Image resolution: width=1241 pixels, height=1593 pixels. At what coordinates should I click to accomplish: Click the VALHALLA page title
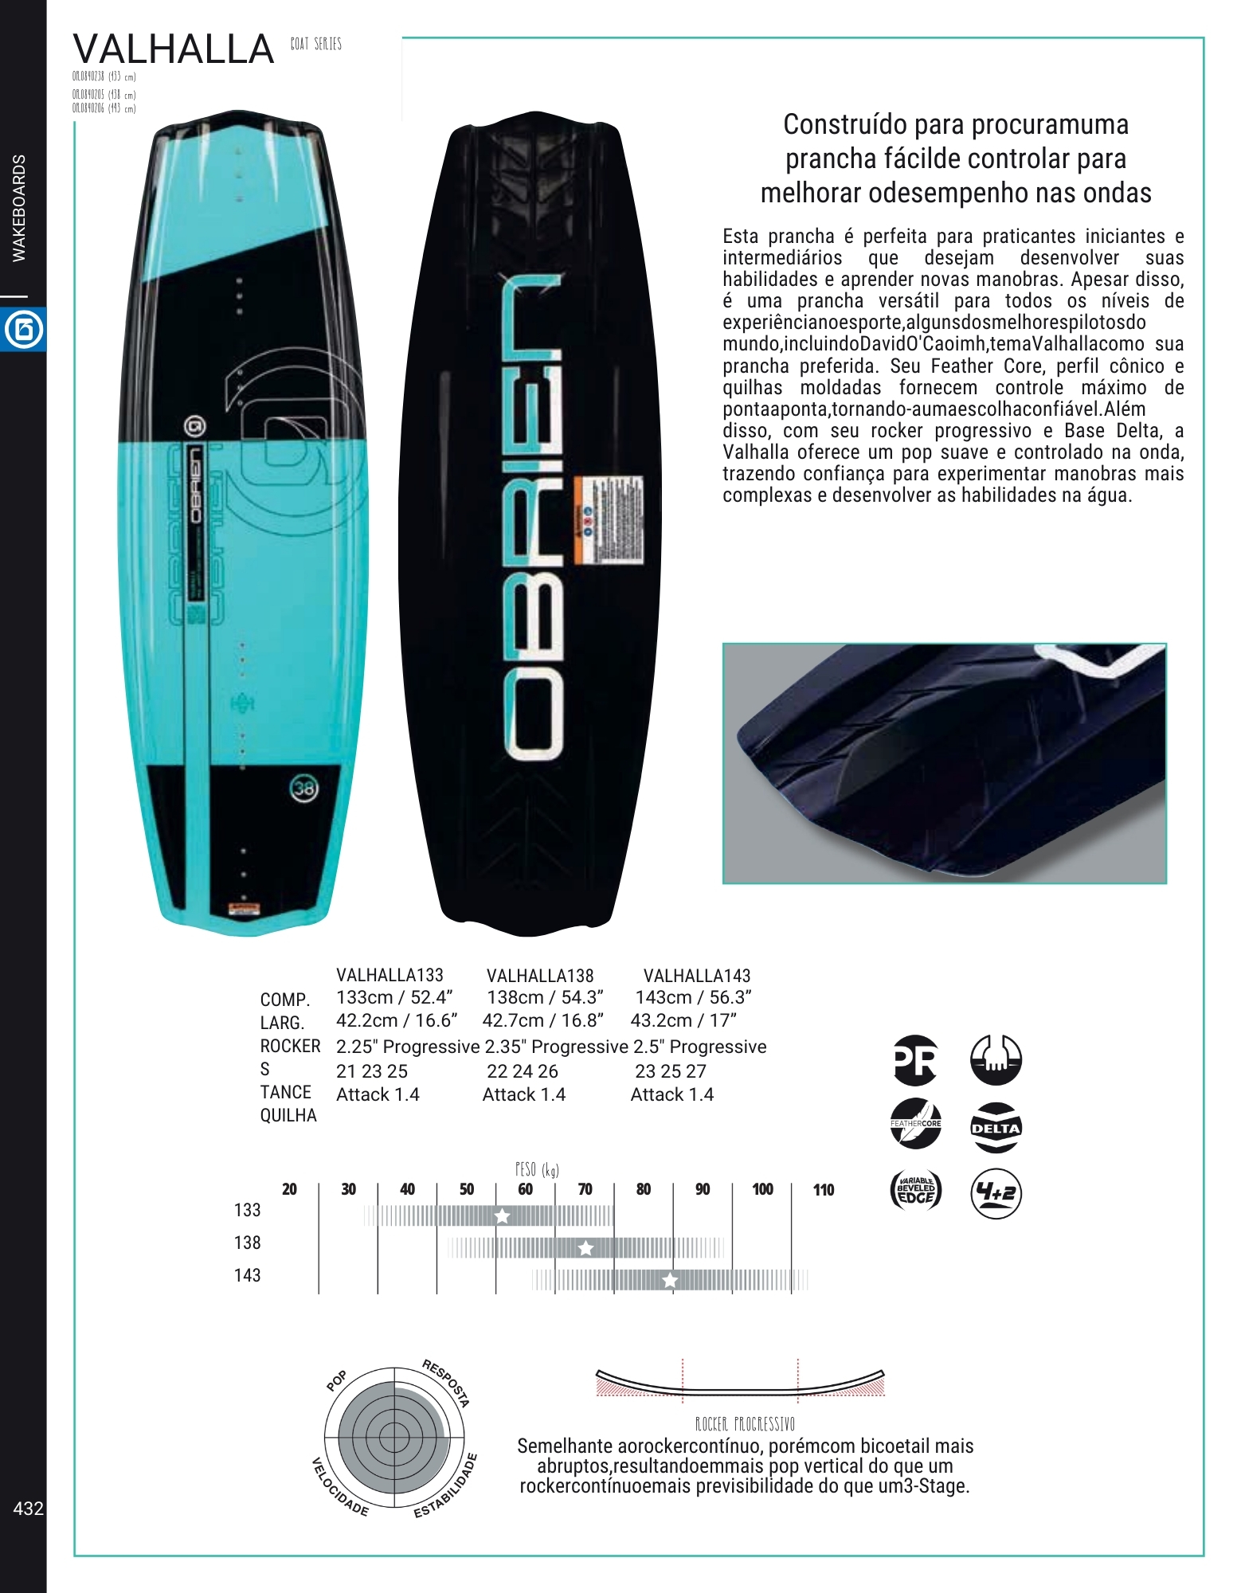[x=174, y=49]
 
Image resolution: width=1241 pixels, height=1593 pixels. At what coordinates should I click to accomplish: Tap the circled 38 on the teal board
[x=303, y=789]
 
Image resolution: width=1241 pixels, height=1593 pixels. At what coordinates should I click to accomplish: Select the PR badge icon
[x=915, y=1060]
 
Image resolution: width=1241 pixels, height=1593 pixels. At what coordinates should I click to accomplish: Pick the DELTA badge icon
[x=996, y=1127]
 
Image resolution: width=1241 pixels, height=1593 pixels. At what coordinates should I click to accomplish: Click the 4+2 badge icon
[x=996, y=1193]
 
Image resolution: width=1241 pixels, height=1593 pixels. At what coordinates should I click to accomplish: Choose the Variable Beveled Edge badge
[x=915, y=1192]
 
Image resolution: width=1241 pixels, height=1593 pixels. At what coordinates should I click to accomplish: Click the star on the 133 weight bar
[x=503, y=1215]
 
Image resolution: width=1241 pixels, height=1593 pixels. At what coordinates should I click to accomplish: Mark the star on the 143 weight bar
[x=671, y=1281]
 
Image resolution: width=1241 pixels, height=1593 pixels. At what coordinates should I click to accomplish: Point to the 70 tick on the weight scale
[x=585, y=1189]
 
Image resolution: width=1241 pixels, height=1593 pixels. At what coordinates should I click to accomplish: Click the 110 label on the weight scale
[x=824, y=1190]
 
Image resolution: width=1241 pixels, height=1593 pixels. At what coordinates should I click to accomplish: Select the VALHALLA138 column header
[x=540, y=976]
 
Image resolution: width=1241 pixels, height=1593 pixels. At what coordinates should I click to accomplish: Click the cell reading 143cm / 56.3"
[x=693, y=997]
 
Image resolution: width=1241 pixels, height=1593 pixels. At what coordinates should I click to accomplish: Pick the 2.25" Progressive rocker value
[x=407, y=1047]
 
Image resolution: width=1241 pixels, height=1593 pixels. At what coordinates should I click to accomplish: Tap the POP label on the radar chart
[x=337, y=1381]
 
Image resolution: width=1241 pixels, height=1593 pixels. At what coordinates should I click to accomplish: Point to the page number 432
[x=28, y=1508]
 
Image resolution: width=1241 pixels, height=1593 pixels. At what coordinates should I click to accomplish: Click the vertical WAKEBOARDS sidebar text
[x=19, y=208]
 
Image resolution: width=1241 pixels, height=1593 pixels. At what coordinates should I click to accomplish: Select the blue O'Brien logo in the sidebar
[x=23, y=330]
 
